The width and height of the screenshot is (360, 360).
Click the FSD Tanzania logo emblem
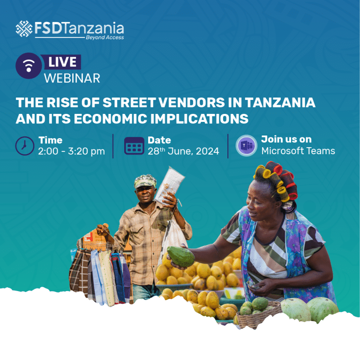click(24, 29)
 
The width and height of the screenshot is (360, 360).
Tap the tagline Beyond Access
click(105, 37)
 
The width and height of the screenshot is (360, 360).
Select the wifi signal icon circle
click(29, 66)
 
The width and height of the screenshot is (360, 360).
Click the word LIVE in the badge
click(62, 62)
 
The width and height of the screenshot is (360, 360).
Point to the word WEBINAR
click(72, 78)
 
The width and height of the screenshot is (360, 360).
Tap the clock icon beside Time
click(25, 146)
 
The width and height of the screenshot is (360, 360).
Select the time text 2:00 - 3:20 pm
click(71, 151)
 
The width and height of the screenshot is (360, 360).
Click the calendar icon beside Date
click(135, 146)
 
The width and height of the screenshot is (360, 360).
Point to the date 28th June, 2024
click(183, 151)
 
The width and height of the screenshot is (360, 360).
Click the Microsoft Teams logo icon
click(247, 146)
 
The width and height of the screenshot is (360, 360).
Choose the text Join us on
click(286, 139)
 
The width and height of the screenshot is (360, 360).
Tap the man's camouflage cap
click(145, 181)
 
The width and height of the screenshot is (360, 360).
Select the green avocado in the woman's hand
click(181, 256)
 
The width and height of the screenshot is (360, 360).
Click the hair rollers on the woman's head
click(277, 180)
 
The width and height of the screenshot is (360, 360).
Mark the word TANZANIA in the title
click(280, 102)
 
